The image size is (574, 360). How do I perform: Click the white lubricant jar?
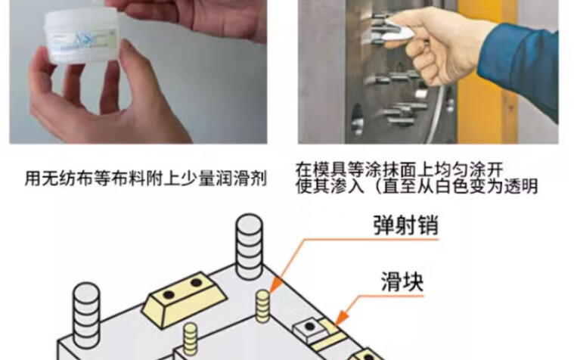click(x=81, y=36)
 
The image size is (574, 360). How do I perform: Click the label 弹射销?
click(x=405, y=225)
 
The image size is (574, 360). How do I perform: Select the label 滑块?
click(x=402, y=281)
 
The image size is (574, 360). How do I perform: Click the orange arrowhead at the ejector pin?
click(x=276, y=286)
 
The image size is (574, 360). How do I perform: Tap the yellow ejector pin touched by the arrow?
click(x=262, y=306)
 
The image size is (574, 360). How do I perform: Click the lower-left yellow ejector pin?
click(x=190, y=339)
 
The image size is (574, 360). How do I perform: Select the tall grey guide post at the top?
click(x=250, y=247)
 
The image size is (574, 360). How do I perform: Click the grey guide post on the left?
click(x=86, y=314)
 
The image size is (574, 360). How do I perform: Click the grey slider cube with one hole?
click(x=310, y=331)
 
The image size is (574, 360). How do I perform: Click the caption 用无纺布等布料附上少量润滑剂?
click(x=145, y=178)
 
